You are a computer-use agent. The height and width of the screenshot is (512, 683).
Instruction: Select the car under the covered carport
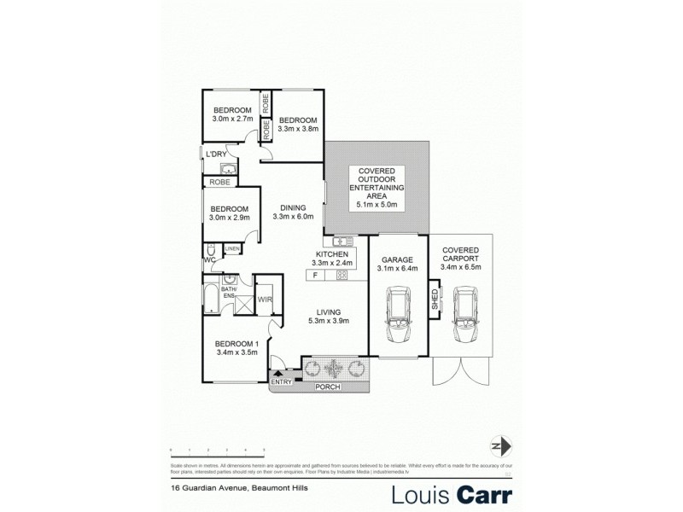(x=464, y=313)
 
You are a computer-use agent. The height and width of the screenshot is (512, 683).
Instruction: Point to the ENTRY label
(x=281, y=381)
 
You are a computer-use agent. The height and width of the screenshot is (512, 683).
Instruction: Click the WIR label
(x=265, y=300)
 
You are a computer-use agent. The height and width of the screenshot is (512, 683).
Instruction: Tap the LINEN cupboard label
(x=232, y=249)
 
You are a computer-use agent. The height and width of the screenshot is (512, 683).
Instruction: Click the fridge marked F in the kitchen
(x=315, y=275)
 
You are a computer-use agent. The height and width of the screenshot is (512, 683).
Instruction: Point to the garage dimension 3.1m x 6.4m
(x=396, y=268)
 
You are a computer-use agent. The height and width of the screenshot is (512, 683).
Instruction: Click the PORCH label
(x=328, y=387)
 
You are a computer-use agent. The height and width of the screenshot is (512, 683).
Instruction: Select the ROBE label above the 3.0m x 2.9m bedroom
(x=219, y=182)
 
